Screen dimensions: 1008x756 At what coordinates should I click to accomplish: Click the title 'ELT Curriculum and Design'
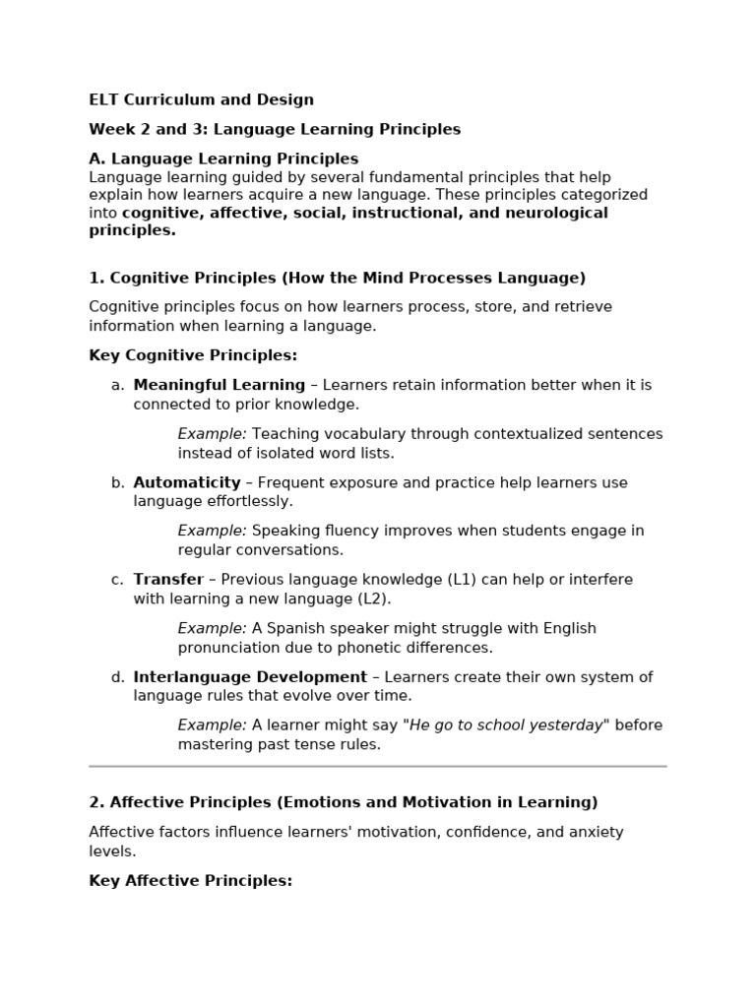pos(201,99)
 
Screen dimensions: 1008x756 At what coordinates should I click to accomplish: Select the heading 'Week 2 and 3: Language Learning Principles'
pos(275,129)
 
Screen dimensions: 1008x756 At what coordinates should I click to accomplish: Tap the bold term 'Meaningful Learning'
pos(219,385)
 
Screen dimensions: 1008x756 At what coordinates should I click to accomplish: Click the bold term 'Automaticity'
pos(187,482)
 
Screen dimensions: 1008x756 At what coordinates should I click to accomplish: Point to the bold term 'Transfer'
pos(168,579)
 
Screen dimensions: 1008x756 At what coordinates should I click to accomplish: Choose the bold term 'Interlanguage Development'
pos(250,676)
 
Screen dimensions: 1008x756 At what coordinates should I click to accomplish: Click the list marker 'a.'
pos(117,385)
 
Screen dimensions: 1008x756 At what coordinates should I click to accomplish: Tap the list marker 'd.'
pos(117,676)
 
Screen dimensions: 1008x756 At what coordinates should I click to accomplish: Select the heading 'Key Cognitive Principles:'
pos(193,355)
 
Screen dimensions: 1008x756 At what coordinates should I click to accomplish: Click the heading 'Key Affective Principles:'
pos(191,881)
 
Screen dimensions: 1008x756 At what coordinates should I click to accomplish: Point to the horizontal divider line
pos(378,766)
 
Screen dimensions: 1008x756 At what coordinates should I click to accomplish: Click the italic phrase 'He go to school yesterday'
pos(506,725)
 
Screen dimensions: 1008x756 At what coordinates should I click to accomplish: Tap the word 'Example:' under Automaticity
pos(213,531)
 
